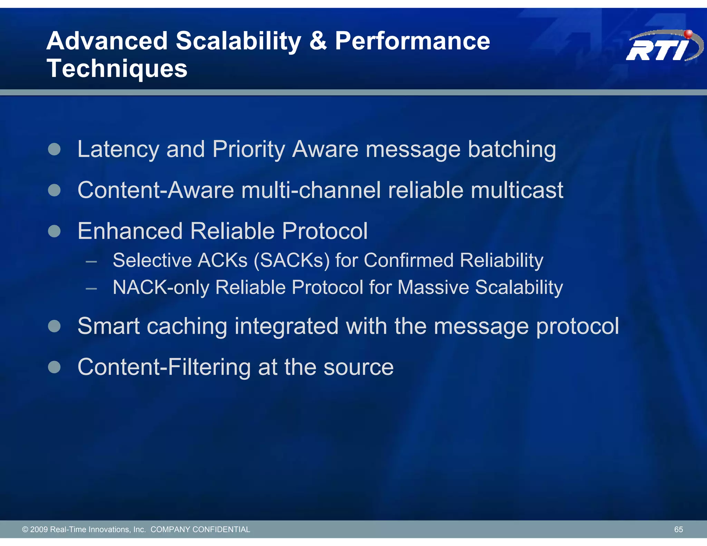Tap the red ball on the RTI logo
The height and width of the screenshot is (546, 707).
click(688, 34)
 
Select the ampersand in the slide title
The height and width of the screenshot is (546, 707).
click(318, 41)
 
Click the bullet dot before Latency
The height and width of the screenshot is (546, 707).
click(54, 149)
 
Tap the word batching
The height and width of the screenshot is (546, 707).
click(512, 150)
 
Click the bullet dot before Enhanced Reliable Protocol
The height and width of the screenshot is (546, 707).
click(54, 231)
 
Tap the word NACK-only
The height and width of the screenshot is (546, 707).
click(161, 287)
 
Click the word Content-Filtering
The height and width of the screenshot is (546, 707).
click(164, 367)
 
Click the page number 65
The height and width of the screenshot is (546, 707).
click(678, 529)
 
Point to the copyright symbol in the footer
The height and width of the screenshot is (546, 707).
click(25, 529)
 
